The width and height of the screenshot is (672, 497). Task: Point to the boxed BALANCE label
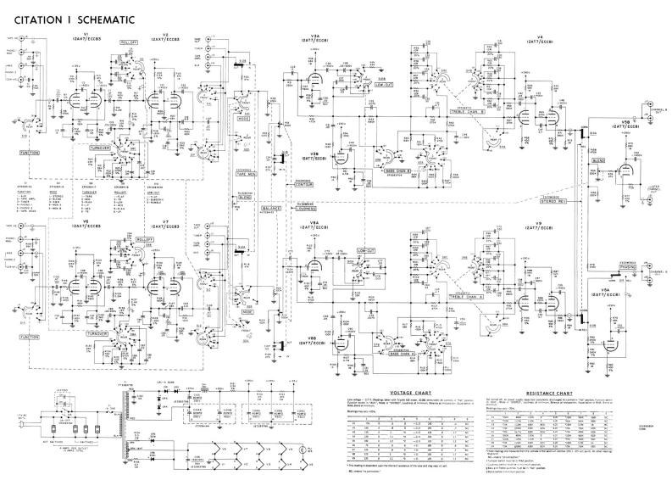click(x=272, y=208)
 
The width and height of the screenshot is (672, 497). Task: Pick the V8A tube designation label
click(x=314, y=226)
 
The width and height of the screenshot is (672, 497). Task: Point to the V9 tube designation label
click(x=539, y=225)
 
